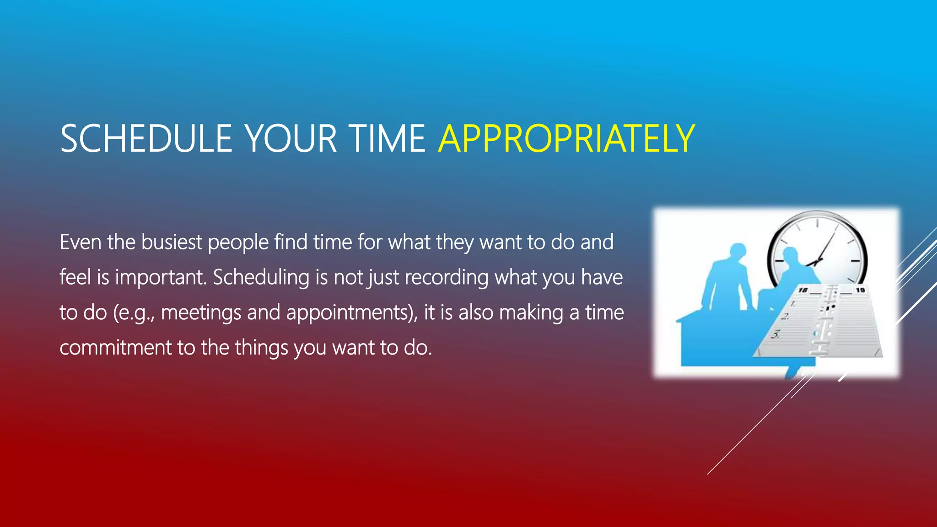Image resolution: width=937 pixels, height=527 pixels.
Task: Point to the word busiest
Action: click(x=172, y=242)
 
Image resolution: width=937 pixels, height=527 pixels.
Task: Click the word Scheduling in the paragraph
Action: click(x=261, y=277)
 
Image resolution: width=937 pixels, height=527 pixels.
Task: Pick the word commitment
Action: click(x=115, y=348)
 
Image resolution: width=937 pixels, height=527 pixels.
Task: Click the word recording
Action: click(x=447, y=277)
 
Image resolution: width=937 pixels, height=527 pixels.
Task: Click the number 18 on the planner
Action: click(x=803, y=290)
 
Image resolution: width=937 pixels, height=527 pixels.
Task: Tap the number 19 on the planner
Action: click(x=860, y=290)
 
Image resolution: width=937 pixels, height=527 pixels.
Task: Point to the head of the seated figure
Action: click(x=790, y=256)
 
